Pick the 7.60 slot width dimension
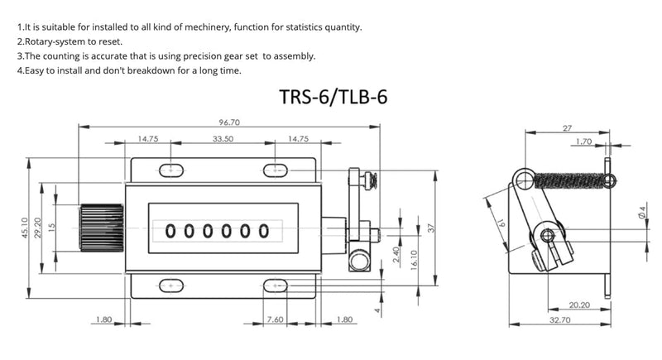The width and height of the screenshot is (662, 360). tap(276, 319)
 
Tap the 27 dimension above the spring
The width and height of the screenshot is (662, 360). tap(568, 128)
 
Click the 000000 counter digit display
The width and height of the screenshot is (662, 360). tap(217, 231)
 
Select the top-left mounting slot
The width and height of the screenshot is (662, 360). tap(171, 170)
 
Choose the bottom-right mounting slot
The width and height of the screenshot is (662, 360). tap(276, 286)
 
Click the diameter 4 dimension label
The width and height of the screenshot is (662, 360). tap(642, 213)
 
